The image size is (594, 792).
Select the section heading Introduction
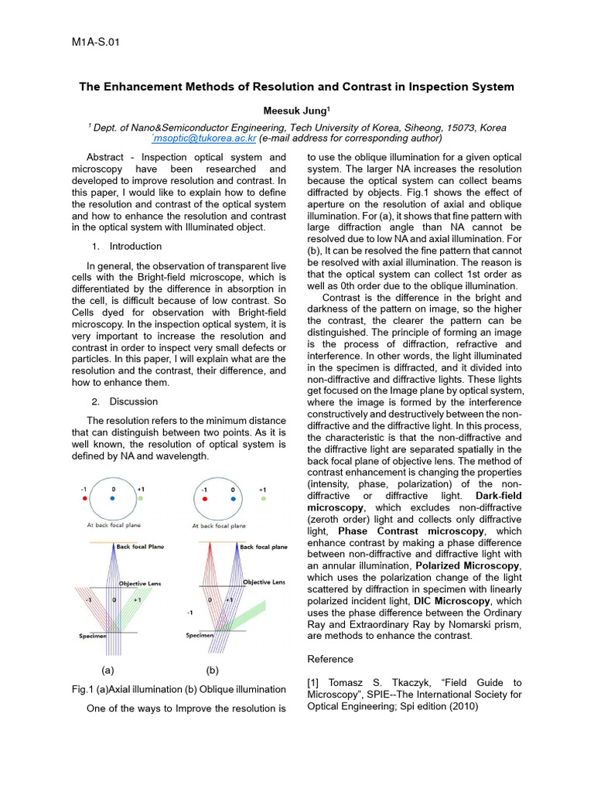coord(135,247)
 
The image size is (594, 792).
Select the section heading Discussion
coord(133,401)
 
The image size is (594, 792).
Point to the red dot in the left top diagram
coord(84,500)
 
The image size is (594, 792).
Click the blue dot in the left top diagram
coord(113,500)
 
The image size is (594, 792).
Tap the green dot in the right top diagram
coord(263,500)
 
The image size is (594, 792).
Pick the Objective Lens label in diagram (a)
coord(139,583)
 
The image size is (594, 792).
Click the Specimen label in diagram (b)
coord(200,636)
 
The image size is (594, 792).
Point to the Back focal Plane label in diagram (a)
coord(140,547)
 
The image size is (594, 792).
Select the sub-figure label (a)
coord(108,671)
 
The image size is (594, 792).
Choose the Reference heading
coord(330,659)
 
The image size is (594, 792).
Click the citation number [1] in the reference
coord(314,683)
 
